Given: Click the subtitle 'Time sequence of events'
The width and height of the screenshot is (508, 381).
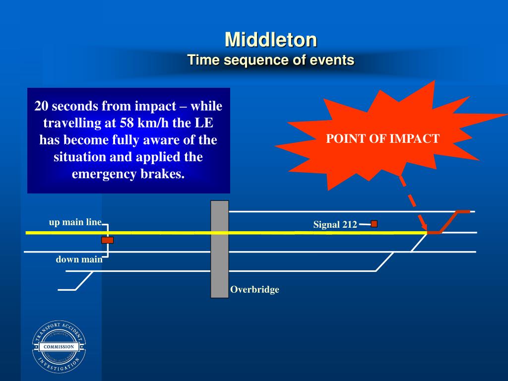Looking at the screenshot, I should point(270,61).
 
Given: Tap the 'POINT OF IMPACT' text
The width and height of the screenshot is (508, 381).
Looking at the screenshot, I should point(382,138).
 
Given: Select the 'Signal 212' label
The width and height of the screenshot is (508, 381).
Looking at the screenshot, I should point(335,225).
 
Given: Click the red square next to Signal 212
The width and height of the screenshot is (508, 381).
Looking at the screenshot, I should point(374,224).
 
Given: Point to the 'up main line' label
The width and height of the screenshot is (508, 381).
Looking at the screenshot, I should point(75,222).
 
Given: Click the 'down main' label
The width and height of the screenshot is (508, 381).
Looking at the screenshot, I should point(79,259).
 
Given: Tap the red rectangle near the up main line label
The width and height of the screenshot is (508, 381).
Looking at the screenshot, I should point(108,240).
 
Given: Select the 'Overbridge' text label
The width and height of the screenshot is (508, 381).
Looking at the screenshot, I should point(254,290).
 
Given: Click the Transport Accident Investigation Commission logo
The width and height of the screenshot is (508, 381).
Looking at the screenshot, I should point(59,347).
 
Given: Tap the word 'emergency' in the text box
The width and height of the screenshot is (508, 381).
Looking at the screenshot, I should point(102,175).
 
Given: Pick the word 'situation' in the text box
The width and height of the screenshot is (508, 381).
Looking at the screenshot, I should point(77,157).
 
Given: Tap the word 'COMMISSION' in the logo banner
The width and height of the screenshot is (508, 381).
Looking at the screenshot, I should point(59,347).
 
